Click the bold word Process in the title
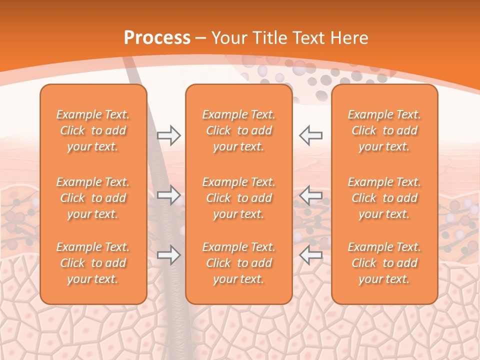157,38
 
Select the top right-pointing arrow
169,135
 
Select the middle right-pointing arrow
169,195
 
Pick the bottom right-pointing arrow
169,255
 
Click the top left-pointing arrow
311,135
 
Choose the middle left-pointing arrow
311,195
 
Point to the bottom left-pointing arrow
311,255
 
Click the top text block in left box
93,130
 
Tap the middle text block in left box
93,198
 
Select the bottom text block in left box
93,263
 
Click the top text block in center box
238,130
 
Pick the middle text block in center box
238,198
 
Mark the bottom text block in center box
238,263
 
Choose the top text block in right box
384,130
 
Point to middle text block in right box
384,198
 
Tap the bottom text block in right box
384,263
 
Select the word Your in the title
229,38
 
